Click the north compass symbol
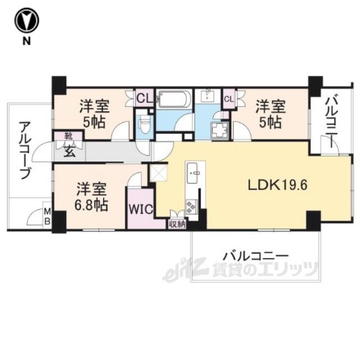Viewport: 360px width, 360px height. pyautogui.click(x=27, y=21)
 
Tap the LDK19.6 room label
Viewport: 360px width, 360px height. pyautogui.click(x=277, y=185)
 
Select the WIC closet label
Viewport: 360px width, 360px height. pyautogui.click(x=141, y=209)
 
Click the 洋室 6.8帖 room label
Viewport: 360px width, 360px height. pyautogui.click(x=91, y=197)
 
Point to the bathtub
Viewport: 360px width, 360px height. pyautogui.click(x=174, y=99)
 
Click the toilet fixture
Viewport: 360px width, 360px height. pyautogui.click(x=145, y=124)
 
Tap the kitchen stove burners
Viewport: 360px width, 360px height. pyautogui.click(x=191, y=207)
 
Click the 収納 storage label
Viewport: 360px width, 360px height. pyautogui.click(x=177, y=224)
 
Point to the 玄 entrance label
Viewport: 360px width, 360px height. pyautogui.click(x=69, y=151)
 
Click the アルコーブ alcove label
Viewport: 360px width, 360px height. pyautogui.click(x=24, y=150)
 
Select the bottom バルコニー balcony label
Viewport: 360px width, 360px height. pyautogui.click(x=256, y=256)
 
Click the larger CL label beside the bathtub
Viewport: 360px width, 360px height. pyautogui.click(x=145, y=99)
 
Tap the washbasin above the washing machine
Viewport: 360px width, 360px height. pyautogui.click(x=208, y=96)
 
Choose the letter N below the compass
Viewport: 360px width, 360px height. pyautogui.click(x=26, y=41)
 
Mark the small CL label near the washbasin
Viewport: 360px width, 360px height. pyautogui.click(x=229, y=99)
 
